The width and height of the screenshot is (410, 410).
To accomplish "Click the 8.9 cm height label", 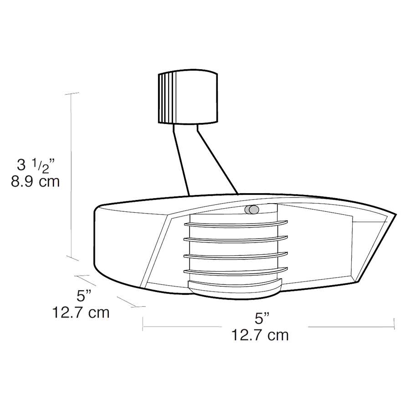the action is (35, 181).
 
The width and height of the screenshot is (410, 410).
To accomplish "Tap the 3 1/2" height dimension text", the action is (36, 165).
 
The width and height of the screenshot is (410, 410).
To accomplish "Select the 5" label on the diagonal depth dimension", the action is (84, 296).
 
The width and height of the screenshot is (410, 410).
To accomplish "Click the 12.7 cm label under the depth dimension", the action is (81, 312).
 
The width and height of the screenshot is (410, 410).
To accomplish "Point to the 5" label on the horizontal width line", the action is (262, 318).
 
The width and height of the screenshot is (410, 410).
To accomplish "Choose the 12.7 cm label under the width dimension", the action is (260, 335).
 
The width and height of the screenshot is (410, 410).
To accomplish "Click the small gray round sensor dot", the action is (251, 210).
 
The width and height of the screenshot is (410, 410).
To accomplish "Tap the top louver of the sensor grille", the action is (236, 224).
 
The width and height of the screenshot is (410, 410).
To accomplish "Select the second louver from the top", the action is (236, 239).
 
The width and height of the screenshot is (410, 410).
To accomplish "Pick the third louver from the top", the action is (236, 256).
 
